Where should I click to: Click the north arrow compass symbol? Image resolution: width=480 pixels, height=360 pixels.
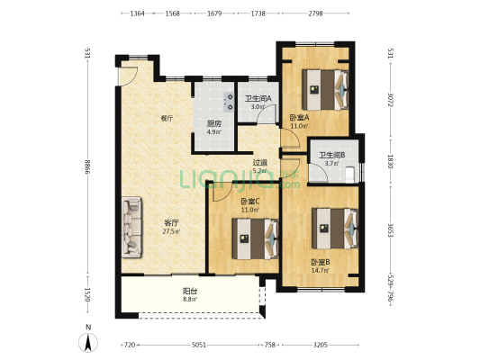88,343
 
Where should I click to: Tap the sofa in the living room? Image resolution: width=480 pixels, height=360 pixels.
132,227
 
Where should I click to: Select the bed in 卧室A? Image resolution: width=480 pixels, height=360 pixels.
325,90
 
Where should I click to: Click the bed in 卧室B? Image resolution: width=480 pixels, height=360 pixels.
335,229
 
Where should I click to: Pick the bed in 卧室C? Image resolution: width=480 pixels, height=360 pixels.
255,238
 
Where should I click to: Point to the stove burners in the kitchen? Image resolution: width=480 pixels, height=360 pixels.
229,102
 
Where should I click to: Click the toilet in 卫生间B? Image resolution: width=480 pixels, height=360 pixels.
350,175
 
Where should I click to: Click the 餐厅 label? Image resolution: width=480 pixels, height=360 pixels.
167,119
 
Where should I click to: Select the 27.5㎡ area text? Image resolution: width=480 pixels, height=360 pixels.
171,231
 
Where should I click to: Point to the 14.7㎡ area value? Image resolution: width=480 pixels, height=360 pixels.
321,270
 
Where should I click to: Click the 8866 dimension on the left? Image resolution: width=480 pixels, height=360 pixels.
88,167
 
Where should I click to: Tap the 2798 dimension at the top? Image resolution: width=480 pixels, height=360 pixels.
315,13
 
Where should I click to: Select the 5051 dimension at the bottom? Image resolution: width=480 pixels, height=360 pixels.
199,345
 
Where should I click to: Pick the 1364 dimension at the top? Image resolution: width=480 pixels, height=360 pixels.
137,13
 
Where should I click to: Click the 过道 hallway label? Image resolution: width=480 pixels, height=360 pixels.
259,163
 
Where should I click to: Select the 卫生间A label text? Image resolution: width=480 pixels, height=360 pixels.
258,99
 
